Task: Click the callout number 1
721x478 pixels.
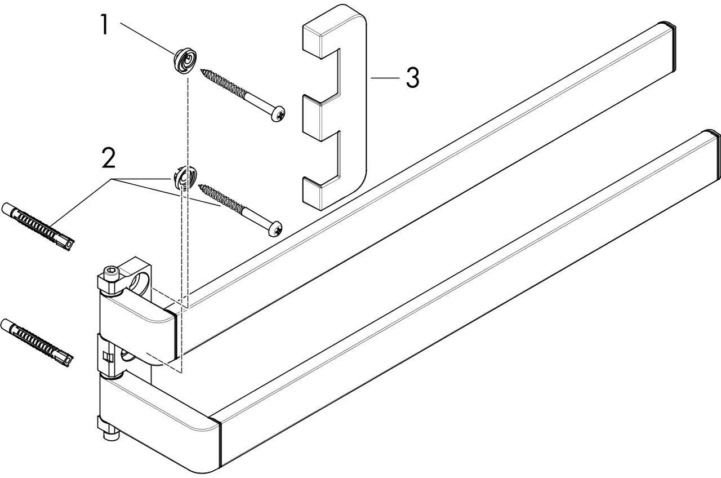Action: [104, 24]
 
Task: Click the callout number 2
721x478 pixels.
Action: [109, 158]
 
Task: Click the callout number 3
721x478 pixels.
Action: [413, 78]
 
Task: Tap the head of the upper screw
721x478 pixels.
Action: [278, 114]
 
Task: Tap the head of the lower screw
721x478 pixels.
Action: [275, 229]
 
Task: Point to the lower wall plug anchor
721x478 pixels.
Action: [38, 343]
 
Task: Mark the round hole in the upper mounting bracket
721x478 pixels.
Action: [140, 281]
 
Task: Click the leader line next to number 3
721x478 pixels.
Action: [385, 78]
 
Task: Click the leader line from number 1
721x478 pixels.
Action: [147, 38]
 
